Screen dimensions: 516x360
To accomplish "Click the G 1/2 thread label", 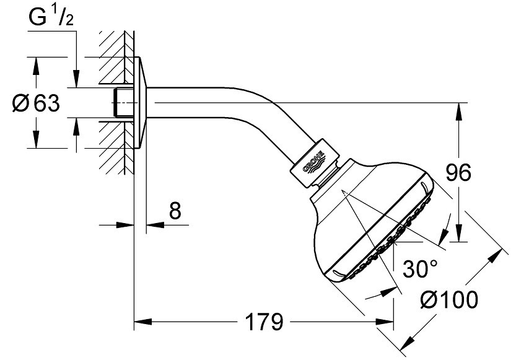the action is coord(51,17).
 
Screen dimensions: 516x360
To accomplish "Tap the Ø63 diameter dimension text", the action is coord(36,103).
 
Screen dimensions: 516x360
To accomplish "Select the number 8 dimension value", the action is coord(175,210).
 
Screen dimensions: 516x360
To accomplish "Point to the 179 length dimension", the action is coord(265,322).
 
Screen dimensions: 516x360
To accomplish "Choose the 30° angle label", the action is coord(421,268).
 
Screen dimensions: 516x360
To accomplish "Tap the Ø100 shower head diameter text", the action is coord(450,300).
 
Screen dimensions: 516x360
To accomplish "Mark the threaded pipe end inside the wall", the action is coord(122,102).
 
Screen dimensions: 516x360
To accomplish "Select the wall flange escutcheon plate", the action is coord(140,102).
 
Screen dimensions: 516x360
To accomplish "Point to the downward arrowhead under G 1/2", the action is coord(76,79).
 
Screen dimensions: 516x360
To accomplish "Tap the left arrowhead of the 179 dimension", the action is coord(142,322).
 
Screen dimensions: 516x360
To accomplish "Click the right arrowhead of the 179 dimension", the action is coord(385,322).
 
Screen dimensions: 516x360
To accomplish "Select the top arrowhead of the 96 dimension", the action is coord(460,112).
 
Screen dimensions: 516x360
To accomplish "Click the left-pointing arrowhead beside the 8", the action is coord(155,225).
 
